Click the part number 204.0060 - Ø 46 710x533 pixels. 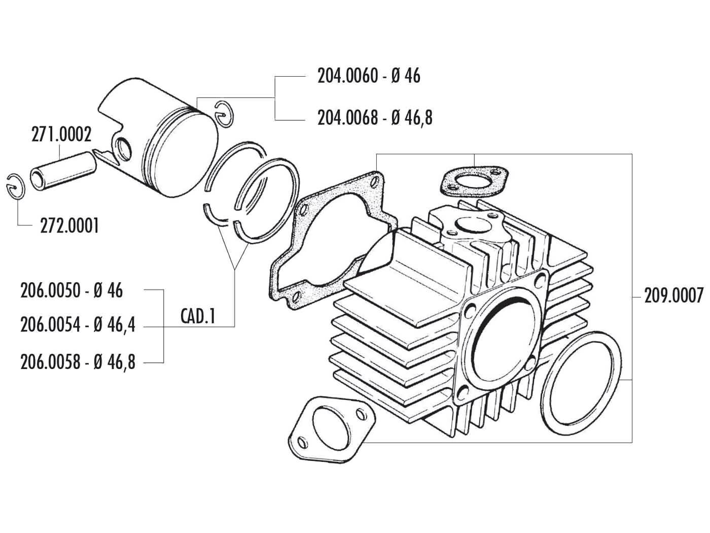click(369, 76)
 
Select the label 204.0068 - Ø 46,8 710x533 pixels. click(375, 118)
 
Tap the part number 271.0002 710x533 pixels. click(61, 135)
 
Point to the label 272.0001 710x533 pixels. click(69, 225)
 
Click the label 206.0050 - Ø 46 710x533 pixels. click(72, 290)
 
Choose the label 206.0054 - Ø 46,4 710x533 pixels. click(78, 325)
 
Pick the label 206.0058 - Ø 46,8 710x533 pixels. click(78, 362)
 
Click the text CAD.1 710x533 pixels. click(198, 317)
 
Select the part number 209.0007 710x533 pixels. click(674, 295)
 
